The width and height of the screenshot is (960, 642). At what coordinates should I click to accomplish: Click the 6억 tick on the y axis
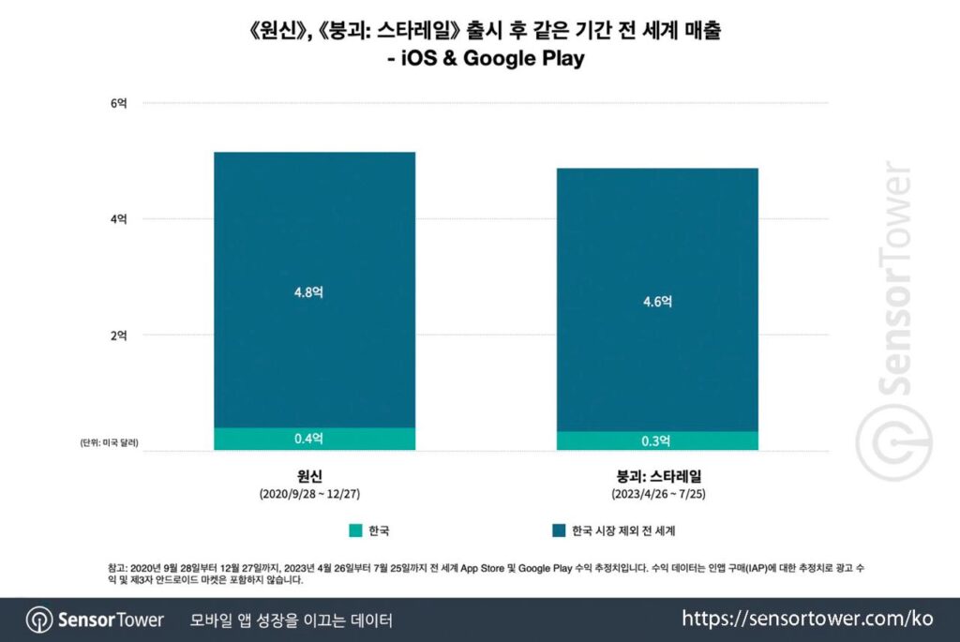119,103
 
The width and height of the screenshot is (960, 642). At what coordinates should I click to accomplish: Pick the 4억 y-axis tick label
119,219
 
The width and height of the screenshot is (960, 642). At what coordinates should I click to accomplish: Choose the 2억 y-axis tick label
119,335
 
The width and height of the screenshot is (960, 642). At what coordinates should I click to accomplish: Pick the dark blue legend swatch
559,531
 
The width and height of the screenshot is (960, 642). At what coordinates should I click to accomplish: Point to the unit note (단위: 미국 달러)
109,442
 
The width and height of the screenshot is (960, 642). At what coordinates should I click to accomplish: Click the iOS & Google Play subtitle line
479,59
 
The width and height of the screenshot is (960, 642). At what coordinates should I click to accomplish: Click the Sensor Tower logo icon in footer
38,620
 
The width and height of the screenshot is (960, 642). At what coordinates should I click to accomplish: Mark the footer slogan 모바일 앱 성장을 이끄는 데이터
291,620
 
